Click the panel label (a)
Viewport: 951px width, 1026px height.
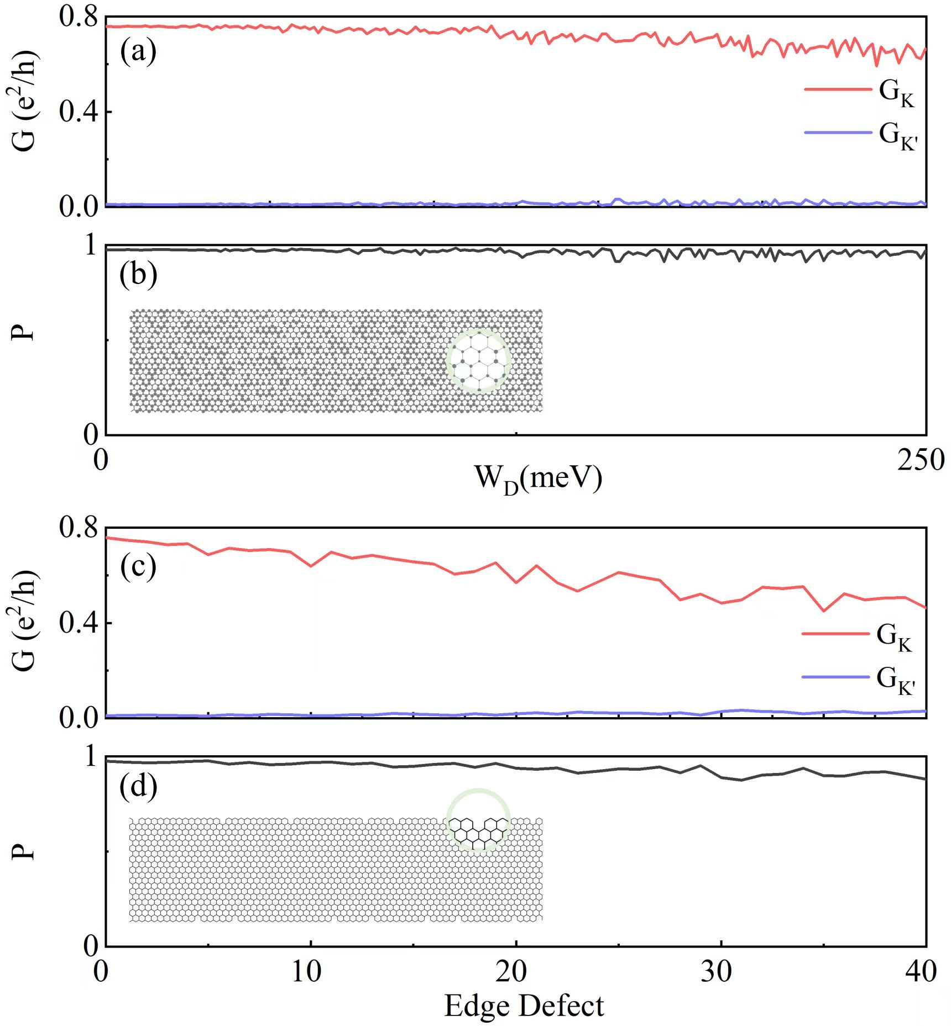tap(138, 52)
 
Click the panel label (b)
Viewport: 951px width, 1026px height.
tap(138, 275)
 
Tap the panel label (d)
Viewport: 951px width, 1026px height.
tap(138, 786)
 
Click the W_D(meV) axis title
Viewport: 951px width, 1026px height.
tap(537, 478)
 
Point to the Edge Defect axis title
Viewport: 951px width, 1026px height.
tap(524, 1006)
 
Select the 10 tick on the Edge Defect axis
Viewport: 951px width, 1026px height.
tap(307, 972)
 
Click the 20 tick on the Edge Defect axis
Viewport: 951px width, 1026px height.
tap(512, 972)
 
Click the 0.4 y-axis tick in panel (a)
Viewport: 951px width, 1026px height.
tap(77, 112)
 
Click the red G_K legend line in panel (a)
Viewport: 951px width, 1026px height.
tap(837, 88)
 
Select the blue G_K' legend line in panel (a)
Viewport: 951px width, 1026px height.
tap(837, 133)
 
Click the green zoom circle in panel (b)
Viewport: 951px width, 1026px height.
tap(478, 361)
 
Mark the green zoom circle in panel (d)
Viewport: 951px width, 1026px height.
tap(478, 821)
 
